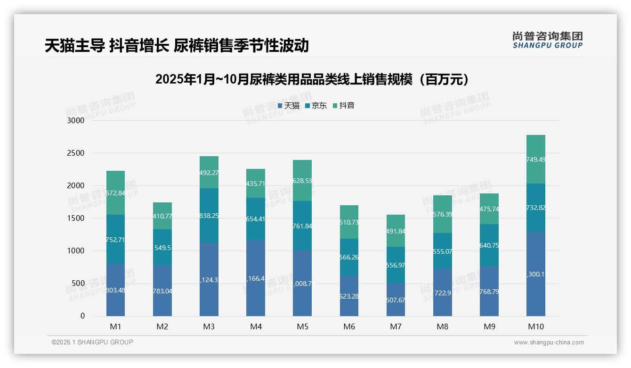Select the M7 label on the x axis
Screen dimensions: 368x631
tap(396, 326)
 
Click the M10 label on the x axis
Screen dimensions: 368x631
tap(536, 326)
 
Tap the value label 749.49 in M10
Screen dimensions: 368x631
tap(536, 159)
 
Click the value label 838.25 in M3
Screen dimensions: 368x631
tap(209, 216)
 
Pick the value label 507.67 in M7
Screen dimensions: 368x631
tap(396, 300)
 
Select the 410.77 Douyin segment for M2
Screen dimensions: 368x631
tap(162, 216)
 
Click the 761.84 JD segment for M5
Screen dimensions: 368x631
tap(302, 226)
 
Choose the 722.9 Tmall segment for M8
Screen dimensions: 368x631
tap(443, 293)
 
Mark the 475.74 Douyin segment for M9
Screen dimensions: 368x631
tap(489, 209)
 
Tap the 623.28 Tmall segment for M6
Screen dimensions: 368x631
tap(349, 296)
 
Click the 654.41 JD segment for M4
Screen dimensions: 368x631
tap(256, 219)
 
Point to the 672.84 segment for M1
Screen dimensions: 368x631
tap(116, 193)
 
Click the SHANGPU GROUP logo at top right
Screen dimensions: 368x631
tap(547, 40)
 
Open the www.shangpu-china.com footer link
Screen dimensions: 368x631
tap(549, 343)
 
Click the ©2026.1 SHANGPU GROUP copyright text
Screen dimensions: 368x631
tap(92, 342)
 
